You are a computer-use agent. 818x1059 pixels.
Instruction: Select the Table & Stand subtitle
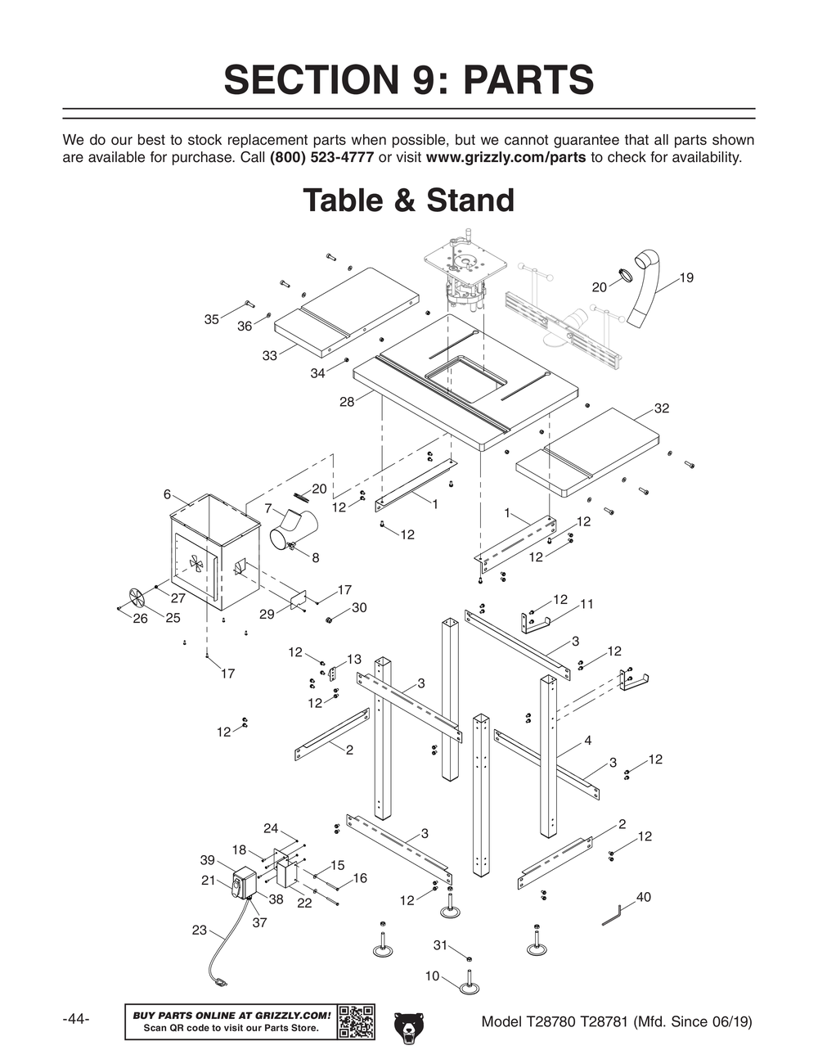408,201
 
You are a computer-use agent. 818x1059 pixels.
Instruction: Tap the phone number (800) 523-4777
321,157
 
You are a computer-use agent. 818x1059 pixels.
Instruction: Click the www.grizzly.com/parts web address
506,157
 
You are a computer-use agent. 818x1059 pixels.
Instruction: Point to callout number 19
685,277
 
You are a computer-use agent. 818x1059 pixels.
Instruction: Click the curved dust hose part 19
646,295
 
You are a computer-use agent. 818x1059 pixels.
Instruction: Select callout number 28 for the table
347,402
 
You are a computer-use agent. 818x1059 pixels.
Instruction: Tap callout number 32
661,408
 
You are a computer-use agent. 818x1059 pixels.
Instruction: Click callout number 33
270,355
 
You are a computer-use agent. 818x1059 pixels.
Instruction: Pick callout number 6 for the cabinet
167,494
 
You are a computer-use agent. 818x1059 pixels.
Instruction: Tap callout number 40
643,897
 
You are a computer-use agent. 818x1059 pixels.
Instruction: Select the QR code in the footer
356,1021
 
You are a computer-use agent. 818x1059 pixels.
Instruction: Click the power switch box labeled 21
243,884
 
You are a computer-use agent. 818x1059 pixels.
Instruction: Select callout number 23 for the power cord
199,930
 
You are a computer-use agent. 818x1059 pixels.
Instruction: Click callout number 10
432,976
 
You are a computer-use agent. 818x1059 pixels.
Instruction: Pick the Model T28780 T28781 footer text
617,1021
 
